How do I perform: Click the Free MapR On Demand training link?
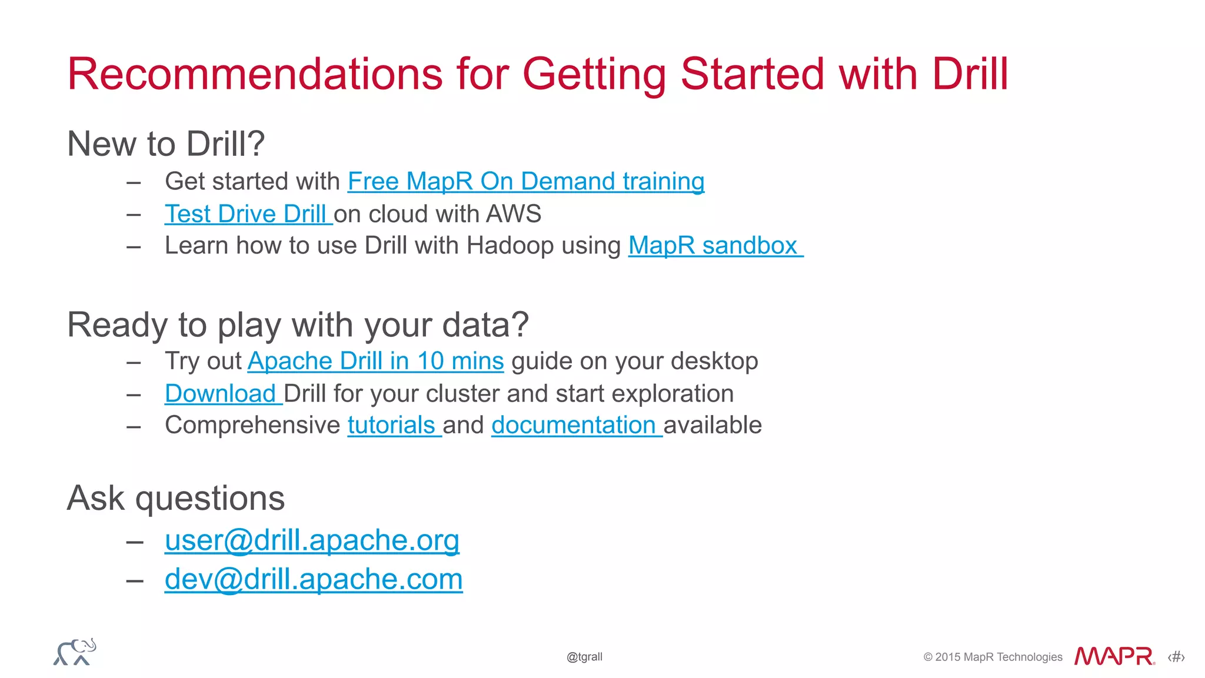tap(525, 181)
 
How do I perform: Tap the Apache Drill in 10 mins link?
tap(375, 361)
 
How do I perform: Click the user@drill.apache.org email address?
tap(312, 540)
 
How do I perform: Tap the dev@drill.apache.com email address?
tap(313, 579)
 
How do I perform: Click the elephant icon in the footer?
tap(75, 652)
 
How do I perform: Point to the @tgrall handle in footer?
tap(584, 657)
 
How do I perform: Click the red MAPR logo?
tap(1114, 656)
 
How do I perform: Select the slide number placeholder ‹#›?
tap(1176, 657)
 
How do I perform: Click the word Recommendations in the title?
tap(255, 74)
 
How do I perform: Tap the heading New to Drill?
tap(166, 143)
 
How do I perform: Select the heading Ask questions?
tap(176, 499)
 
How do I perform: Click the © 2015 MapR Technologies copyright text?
tap(993, 657)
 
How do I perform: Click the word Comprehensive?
tap(252, 425)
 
